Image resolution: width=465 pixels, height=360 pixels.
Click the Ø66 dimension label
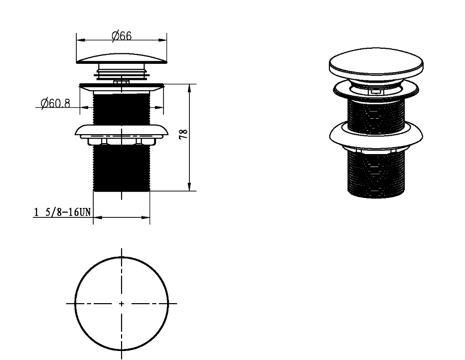click(x=122, y=35)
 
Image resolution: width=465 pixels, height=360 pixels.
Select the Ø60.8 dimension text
click(x=55, y=103)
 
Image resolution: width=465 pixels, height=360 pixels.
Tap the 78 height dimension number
click(x=184, y=134)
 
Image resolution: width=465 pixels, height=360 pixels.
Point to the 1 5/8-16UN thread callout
click(x=62, y=212)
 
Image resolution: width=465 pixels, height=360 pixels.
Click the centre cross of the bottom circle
click(x=122, y=304)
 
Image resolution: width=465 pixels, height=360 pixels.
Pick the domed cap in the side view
click(x=122, y=58)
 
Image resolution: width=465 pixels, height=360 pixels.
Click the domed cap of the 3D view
click(x=376, y=61)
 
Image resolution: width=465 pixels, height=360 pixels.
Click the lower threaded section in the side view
click(x=122, y=168)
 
